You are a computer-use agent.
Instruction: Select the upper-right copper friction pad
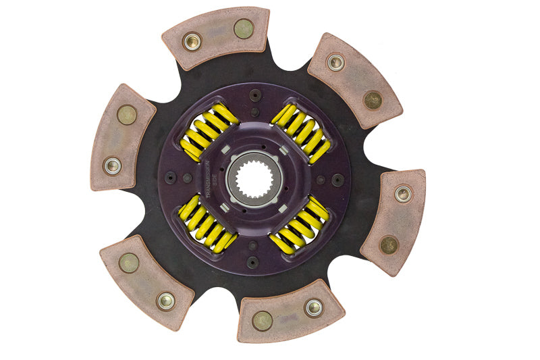354,79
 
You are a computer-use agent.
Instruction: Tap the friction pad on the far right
393,220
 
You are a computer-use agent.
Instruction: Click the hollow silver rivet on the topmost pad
192,41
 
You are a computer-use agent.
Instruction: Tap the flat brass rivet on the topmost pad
243,28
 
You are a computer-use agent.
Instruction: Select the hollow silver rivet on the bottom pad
313,307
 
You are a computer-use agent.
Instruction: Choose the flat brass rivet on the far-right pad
389,244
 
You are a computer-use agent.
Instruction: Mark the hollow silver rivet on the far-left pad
112,165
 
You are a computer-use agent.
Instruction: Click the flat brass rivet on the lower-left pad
129,262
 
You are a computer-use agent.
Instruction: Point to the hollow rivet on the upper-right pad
335,63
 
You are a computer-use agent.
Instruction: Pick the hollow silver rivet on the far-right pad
403,195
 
